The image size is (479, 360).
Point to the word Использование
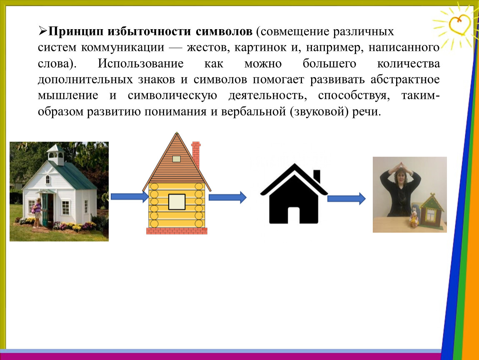tap(140, 64)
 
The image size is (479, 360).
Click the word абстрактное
tap(405, 80)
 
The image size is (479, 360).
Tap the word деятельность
tap(268, 96)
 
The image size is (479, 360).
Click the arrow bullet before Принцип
tap(42, 31)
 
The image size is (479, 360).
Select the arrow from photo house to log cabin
tap(130, 196)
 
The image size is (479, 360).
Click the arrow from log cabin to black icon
tap(227, 197)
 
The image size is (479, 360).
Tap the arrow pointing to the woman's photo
tap(347, 199)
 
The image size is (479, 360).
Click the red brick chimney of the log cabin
tap(196, 155)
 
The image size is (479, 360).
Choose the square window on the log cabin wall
tap(177, 202)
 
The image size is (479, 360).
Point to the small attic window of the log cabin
tap(177, 159)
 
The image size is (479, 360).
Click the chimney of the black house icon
tap(317, 177)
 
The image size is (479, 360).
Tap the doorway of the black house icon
tap(294, 215)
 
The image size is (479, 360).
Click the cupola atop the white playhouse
tap(56, 155)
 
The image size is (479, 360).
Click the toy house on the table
tap(432, 210)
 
